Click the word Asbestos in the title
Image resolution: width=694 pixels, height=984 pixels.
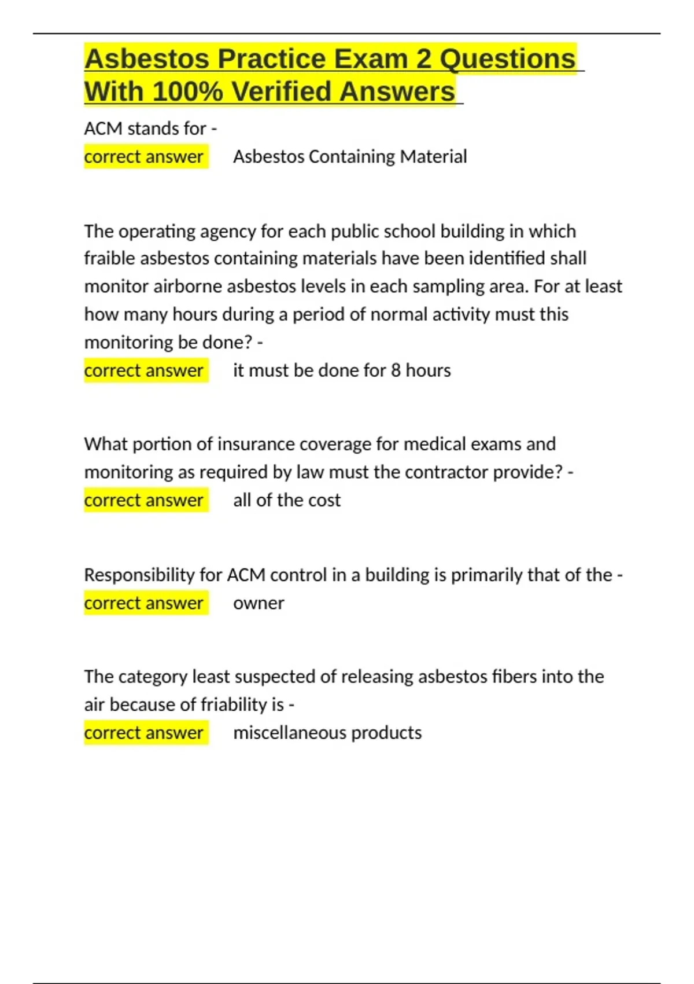(x=147, y=59)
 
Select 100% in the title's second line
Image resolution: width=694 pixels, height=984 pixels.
(x=187, y=91)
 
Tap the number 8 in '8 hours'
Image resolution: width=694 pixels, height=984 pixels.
(x=396, y=370)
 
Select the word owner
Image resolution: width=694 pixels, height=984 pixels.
(x=259, y=603)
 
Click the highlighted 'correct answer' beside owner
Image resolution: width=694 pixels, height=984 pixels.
(x=144, y=603)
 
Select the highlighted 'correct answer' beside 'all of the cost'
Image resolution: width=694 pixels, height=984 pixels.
(x=144, y=500)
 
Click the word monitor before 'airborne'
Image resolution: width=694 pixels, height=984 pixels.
(x=116, y=287)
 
